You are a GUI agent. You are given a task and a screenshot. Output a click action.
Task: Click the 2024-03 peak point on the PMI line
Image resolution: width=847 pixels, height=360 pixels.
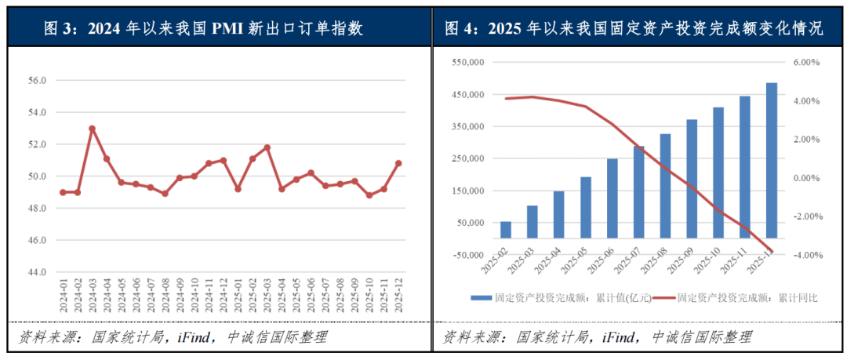pos(92,128)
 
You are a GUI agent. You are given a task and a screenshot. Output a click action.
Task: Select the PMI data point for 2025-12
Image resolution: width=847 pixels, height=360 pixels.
pos(398,163)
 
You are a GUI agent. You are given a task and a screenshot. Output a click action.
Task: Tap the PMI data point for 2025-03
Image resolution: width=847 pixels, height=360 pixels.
pos(267,147)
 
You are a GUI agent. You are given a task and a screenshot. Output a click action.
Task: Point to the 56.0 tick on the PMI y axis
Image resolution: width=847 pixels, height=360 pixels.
pos(38,81)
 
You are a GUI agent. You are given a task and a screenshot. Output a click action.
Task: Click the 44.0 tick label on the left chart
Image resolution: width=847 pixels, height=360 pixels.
pos(38,272)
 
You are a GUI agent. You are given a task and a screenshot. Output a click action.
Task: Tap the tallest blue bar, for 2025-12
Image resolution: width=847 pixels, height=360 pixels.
pos(772,160)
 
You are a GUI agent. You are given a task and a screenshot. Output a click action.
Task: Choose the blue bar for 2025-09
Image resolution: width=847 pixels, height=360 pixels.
pos(692,178)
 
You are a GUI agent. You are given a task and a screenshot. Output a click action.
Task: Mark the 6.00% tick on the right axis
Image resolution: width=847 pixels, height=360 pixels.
pos(807,62)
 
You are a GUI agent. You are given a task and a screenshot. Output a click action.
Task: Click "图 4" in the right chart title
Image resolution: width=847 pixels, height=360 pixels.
pos(460,29)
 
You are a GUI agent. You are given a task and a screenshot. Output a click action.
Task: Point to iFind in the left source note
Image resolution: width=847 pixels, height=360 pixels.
pos(188,338)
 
